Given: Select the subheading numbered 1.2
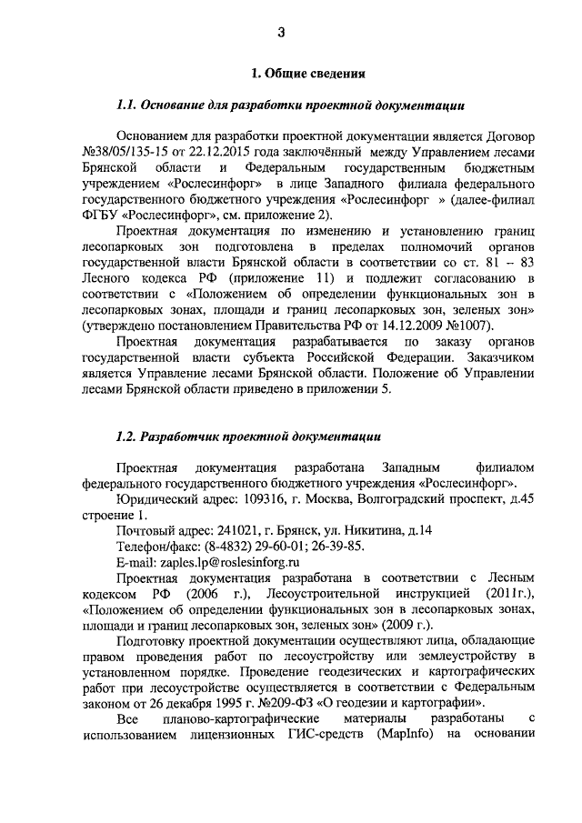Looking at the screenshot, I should tap(243, 437).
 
